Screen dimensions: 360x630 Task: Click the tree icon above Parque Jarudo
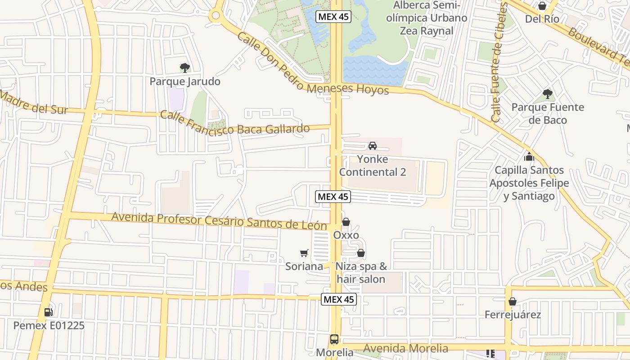(x=184, y=68)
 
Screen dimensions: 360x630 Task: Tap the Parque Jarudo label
(x=185, y=81)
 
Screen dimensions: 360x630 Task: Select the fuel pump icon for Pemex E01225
(x=48, y=312)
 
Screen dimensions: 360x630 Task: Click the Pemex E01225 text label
(x=49, y=325)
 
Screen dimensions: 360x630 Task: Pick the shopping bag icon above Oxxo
(x=346, y=222)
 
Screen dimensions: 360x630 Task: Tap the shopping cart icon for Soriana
(x=304, y=253)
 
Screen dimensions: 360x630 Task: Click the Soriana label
(x=304, y=266)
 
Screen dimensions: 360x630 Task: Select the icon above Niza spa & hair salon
(x=360, y=253)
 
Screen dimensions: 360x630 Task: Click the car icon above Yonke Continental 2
(x=373, y=146)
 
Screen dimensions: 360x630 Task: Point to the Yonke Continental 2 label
(x=373, y=166)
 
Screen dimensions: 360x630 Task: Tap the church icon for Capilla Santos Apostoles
(x=529, y=157)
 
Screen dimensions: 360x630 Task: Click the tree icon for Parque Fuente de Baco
(x=548, y=94)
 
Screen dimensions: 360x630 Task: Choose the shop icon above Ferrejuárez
(x=512, y=301)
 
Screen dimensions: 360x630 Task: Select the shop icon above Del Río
(x=542, y=6)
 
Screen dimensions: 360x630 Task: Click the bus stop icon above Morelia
(x=334, y=339)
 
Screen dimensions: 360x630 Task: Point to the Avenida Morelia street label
(x=405, y=348)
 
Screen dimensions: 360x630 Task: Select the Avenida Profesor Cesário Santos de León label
(x=220, y=220)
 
